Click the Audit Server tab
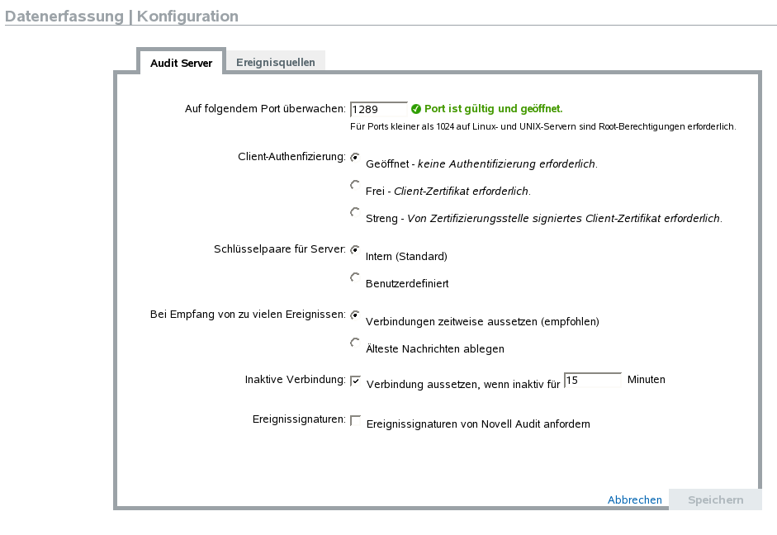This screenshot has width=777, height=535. [x=181, y=63]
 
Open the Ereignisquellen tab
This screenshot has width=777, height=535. [x=275, y=62]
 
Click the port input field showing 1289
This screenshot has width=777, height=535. [x=378, y=109]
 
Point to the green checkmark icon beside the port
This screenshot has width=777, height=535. [x=416, y=109]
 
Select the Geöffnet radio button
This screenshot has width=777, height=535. [x=355, y=157]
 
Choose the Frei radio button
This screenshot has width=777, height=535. [x=355, y=185]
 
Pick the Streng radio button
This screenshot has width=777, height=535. [x=355, y=212]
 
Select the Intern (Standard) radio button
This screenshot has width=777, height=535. [x=355, y=249]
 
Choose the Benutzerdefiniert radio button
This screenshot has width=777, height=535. [x=355, y=277]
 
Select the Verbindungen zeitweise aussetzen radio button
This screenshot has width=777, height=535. [x=355, y=315]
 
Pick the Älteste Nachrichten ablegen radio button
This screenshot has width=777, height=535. [x=355, y=343]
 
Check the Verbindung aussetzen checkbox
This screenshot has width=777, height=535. [x=356, y=381]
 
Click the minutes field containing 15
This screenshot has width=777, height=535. [x=592, y=380]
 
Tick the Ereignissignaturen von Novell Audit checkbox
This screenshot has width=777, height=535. [x=356, y=420]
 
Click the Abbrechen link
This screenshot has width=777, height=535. [x=634, y=499]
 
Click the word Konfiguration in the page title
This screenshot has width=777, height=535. [x=187, y=17]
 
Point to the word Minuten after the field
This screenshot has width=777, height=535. [x=646, y=380]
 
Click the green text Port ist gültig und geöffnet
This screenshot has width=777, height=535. [x=493, y=109]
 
